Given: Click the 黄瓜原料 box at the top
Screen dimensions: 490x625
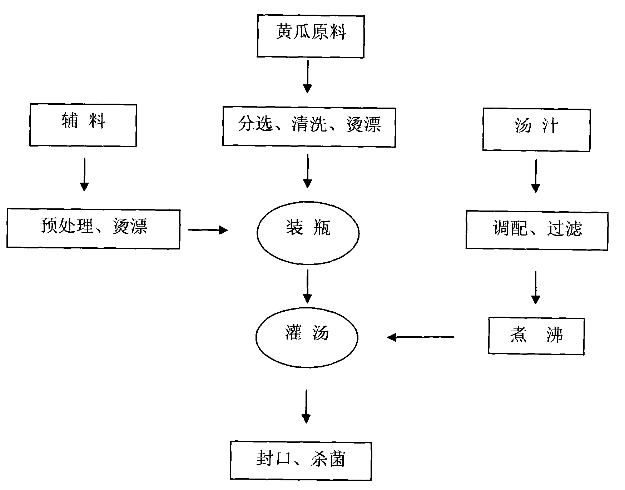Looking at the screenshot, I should [x=311, y=36].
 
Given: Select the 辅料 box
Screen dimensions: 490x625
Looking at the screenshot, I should [x=83, y=125].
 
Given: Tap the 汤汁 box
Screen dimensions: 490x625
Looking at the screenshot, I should [x=536, y=130].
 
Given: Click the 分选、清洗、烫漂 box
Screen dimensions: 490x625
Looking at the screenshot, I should [x=309, y=127].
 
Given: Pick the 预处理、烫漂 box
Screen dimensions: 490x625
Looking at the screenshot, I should [x=93, y=229].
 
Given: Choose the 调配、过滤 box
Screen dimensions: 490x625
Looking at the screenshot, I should [x=537, y=230].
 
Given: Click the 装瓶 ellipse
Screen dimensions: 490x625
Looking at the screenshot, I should [x=308, y=233].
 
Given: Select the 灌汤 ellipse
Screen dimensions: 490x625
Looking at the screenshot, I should [x=307, y=337].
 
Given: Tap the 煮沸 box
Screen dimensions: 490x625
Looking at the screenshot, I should [x=536, y=336].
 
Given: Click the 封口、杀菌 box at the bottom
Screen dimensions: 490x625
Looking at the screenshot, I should [x=301, y=461].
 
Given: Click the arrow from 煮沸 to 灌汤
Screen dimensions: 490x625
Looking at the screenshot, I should [x=421, y=337].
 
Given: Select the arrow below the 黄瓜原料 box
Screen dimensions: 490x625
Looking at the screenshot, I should [x=307, y=76].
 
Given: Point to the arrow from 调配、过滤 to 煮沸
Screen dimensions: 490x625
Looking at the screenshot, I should [x=535, y=287].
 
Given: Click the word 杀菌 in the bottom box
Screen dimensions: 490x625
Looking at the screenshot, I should [x=328, y=460].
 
